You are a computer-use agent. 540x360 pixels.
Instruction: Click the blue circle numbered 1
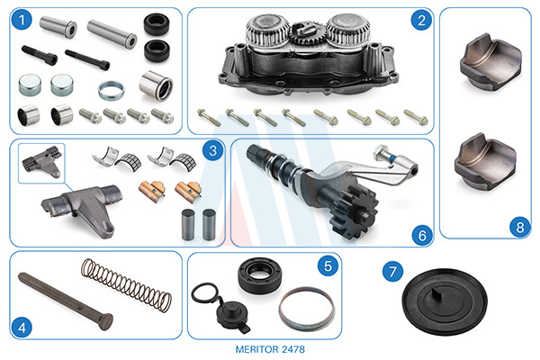click(x=22, y=21)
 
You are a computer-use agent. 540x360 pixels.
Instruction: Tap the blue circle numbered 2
click(x=421, y=21)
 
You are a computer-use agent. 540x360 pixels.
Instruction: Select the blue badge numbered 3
click(x=212, y=150)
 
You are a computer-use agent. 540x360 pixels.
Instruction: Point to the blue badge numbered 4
click(x=22, y=327)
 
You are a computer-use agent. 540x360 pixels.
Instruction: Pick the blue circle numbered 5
click(x=328, y=265)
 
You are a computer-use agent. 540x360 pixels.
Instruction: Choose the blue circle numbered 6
click(x=422, y=235)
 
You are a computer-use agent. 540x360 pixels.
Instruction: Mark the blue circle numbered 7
click(x=392, y=272)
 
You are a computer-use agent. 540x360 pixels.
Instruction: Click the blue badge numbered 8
click(x=519, y=227)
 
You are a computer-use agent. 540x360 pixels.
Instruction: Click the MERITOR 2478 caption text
click(x=270, y=349)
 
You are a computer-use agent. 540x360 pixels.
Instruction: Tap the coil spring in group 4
click(x=126, y=285)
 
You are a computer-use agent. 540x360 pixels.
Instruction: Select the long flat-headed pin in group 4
click(x=66, y=301)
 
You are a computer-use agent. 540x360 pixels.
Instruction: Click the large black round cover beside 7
click(x=445, y=301)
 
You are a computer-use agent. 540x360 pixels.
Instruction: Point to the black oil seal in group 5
click(x=260, y=275)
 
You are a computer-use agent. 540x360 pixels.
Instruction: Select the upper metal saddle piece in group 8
click(x=490, y=61)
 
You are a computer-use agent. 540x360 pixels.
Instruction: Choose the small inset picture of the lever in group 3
click(x=41, y=163)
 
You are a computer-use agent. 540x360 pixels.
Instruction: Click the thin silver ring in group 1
click(x=111, y=90)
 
